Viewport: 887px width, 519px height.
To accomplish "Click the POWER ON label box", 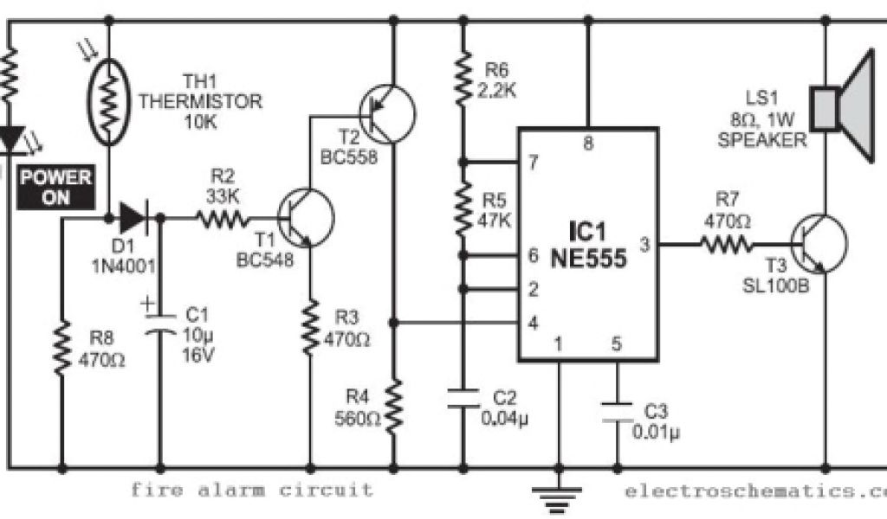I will point(56,188).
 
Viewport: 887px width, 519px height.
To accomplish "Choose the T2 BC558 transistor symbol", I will point(386,112).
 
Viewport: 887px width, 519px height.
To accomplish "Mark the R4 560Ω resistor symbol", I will point(394,407).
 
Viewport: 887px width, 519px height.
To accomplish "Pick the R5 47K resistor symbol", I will point(463,208).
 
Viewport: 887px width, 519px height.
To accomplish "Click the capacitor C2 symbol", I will point(463,399).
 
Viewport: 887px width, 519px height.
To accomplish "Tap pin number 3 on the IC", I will point(644,244).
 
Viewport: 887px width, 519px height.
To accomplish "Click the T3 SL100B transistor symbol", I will point(819,244).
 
